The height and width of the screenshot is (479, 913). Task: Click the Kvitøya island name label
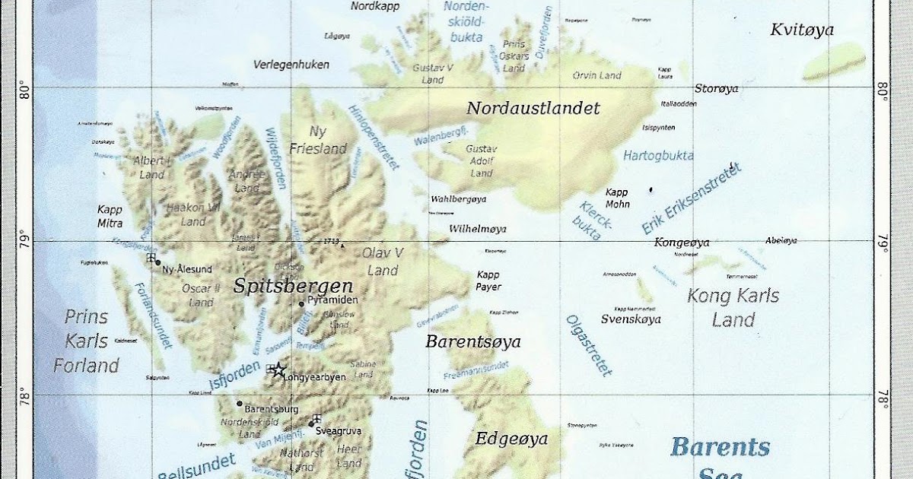802,30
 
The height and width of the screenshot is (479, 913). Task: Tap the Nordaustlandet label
533,109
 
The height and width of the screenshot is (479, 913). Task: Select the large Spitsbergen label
293,287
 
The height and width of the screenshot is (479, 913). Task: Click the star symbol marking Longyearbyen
278,370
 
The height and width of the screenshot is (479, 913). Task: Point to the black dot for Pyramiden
301,304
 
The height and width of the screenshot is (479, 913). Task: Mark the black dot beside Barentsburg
240,404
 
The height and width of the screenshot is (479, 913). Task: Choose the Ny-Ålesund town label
187,269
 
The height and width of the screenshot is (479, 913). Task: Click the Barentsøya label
472,342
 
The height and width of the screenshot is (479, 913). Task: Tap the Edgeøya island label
511,439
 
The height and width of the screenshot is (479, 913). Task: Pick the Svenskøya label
631,319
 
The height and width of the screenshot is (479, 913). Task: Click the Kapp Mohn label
617,198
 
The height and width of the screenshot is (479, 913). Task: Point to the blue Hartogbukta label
658,156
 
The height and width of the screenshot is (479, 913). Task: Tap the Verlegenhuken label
291,65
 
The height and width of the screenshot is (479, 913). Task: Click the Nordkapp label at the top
375,6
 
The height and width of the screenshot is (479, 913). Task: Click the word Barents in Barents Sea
720,447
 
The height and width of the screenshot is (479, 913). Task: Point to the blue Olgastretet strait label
588,346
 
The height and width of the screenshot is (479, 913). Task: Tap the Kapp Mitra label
110,216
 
